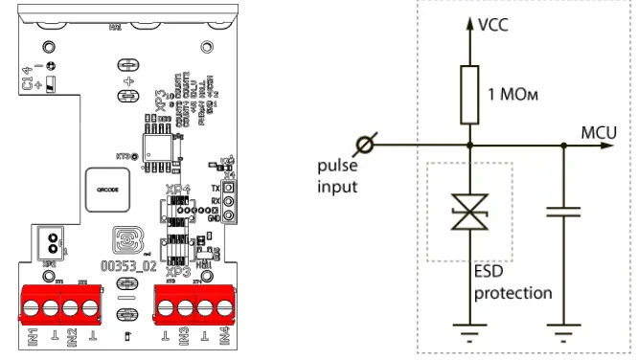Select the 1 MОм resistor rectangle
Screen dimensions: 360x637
469,95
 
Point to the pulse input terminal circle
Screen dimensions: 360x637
363,146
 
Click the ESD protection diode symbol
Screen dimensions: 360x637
469,214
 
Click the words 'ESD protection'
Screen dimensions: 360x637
512,282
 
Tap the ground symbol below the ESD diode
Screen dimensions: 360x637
469,335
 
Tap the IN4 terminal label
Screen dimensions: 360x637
223,338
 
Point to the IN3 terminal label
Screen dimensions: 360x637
181,338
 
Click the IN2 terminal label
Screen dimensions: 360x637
72,338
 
